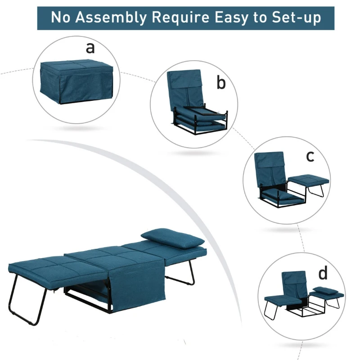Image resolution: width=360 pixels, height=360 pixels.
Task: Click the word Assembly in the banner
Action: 111,18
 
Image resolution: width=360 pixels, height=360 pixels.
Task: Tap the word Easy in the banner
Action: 231,18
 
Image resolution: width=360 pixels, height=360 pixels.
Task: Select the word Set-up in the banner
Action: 297,18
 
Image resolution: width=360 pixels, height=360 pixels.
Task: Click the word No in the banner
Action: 61,17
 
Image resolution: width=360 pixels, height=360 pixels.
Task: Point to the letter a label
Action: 90,48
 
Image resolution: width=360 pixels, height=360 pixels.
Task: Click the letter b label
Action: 221,83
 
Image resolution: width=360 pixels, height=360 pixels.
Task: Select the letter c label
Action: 310,156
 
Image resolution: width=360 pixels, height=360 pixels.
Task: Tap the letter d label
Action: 323,273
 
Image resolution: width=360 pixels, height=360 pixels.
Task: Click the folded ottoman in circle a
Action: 76,81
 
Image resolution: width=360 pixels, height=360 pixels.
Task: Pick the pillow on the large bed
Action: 173,238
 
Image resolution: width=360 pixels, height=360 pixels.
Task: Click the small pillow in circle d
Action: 325,290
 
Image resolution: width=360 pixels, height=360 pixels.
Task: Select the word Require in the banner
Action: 181,18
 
